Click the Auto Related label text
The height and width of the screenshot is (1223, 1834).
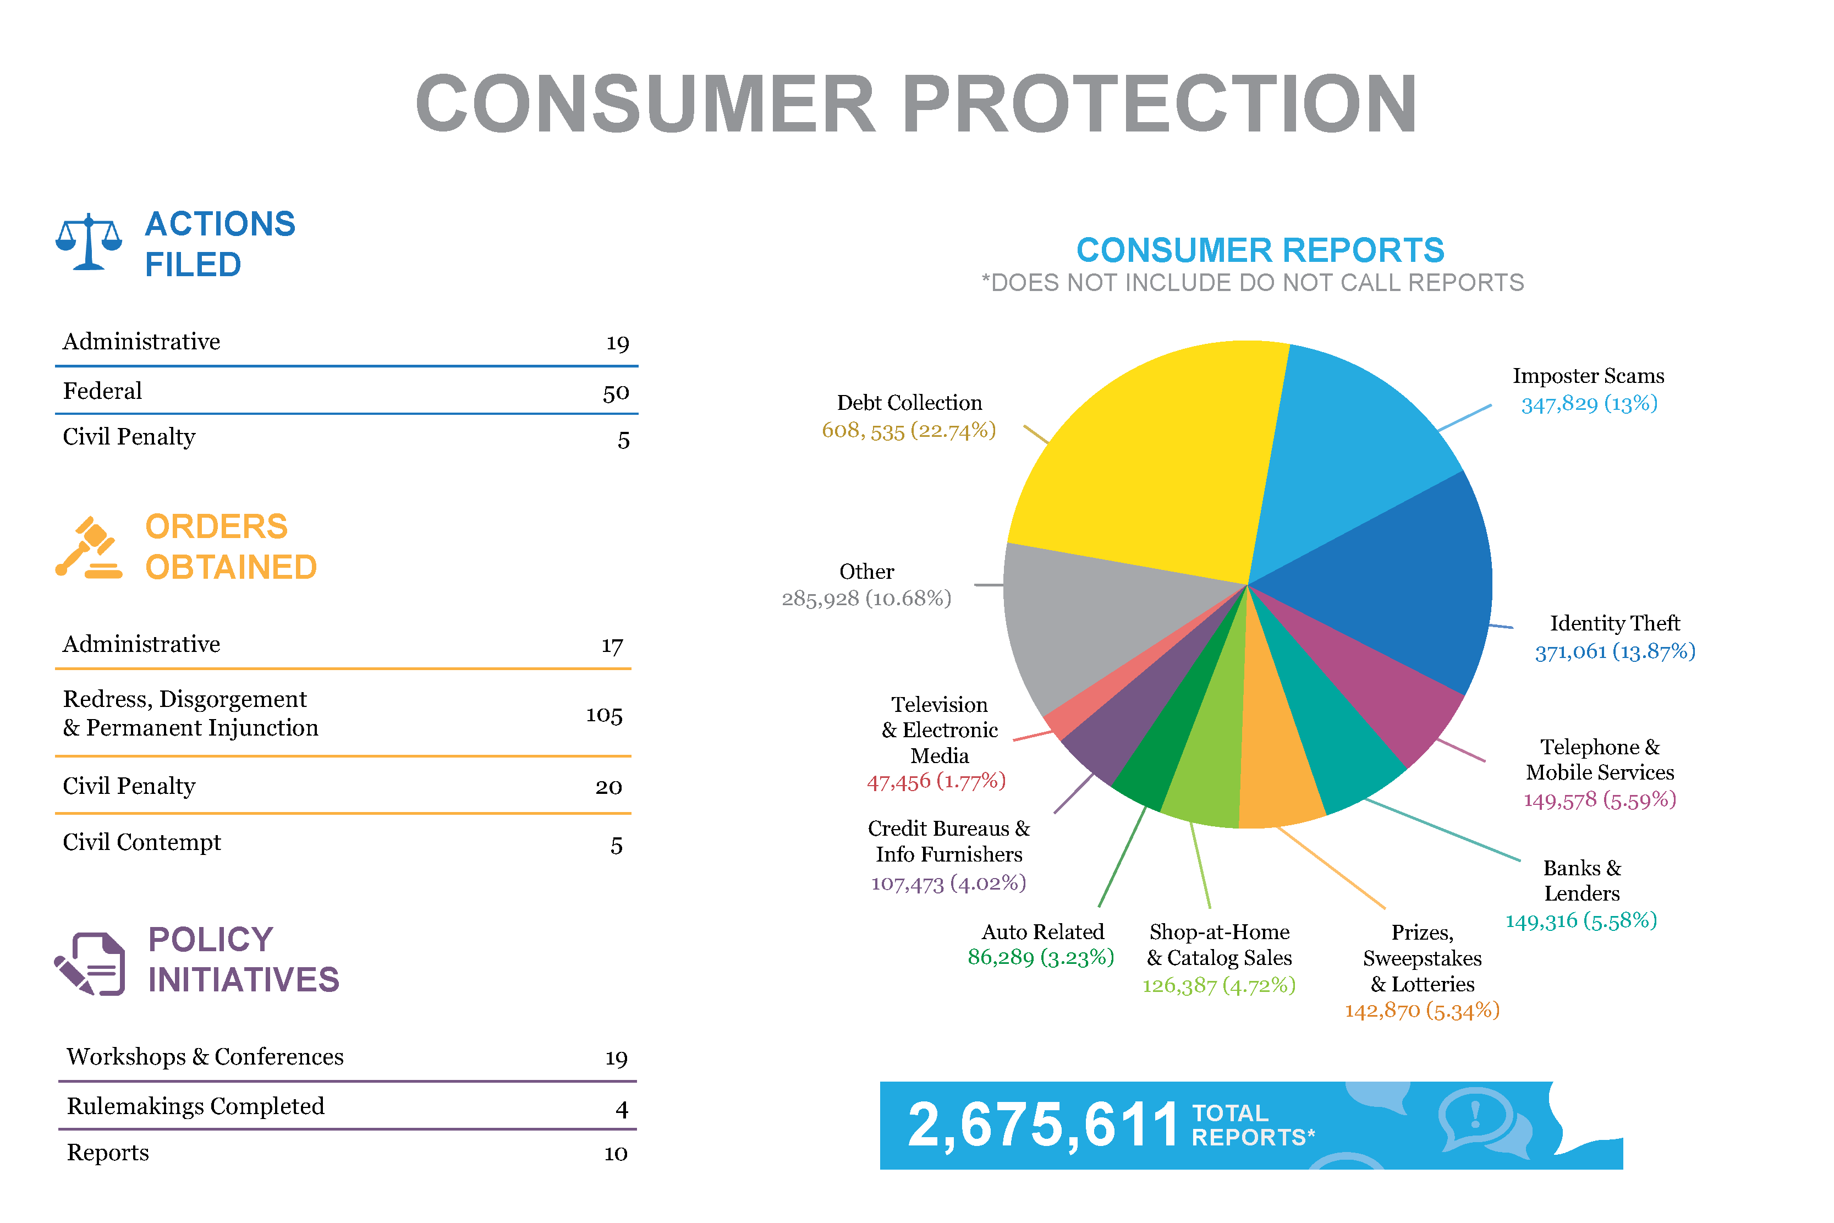(x=1042, y=932)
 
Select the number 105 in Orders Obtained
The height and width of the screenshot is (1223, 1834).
(x=605, y=715)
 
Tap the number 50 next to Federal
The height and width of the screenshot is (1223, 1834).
(x=615, y=393)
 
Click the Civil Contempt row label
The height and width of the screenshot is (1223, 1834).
(x=142, y=842)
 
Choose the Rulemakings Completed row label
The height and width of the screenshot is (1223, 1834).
(x=195, y=1106)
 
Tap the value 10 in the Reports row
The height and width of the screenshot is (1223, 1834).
(x=615, y=1154)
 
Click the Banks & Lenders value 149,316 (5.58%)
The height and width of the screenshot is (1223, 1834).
(x=1580, y=921)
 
